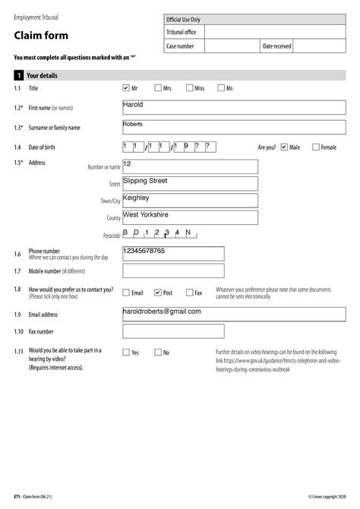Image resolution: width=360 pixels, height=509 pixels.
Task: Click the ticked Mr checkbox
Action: [126, 88]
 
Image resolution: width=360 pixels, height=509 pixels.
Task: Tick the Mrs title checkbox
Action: [158, 88]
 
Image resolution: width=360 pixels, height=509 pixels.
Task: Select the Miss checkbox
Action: [189, 88]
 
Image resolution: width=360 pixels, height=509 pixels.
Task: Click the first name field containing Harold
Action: [190, 108]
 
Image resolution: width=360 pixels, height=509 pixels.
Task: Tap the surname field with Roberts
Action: [190, 127]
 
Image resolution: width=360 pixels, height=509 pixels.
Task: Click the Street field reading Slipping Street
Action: [190, 184]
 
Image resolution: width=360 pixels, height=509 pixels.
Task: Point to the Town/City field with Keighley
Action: [190, 201]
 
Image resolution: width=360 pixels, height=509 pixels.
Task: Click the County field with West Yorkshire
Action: [190, 218]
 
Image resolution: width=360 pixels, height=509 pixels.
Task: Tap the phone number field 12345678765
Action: [173, 254]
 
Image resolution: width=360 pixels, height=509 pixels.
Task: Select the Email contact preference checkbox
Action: [126, 292]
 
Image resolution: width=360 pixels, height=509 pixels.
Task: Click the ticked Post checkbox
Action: [158, 292]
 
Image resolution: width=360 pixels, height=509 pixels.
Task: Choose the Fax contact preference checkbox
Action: [189, 292]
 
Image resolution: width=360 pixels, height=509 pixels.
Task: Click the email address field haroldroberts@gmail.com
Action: [190, 315]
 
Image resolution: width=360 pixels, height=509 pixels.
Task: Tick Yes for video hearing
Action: [126, 353]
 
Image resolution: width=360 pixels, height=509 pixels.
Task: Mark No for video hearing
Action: [158, 353]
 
